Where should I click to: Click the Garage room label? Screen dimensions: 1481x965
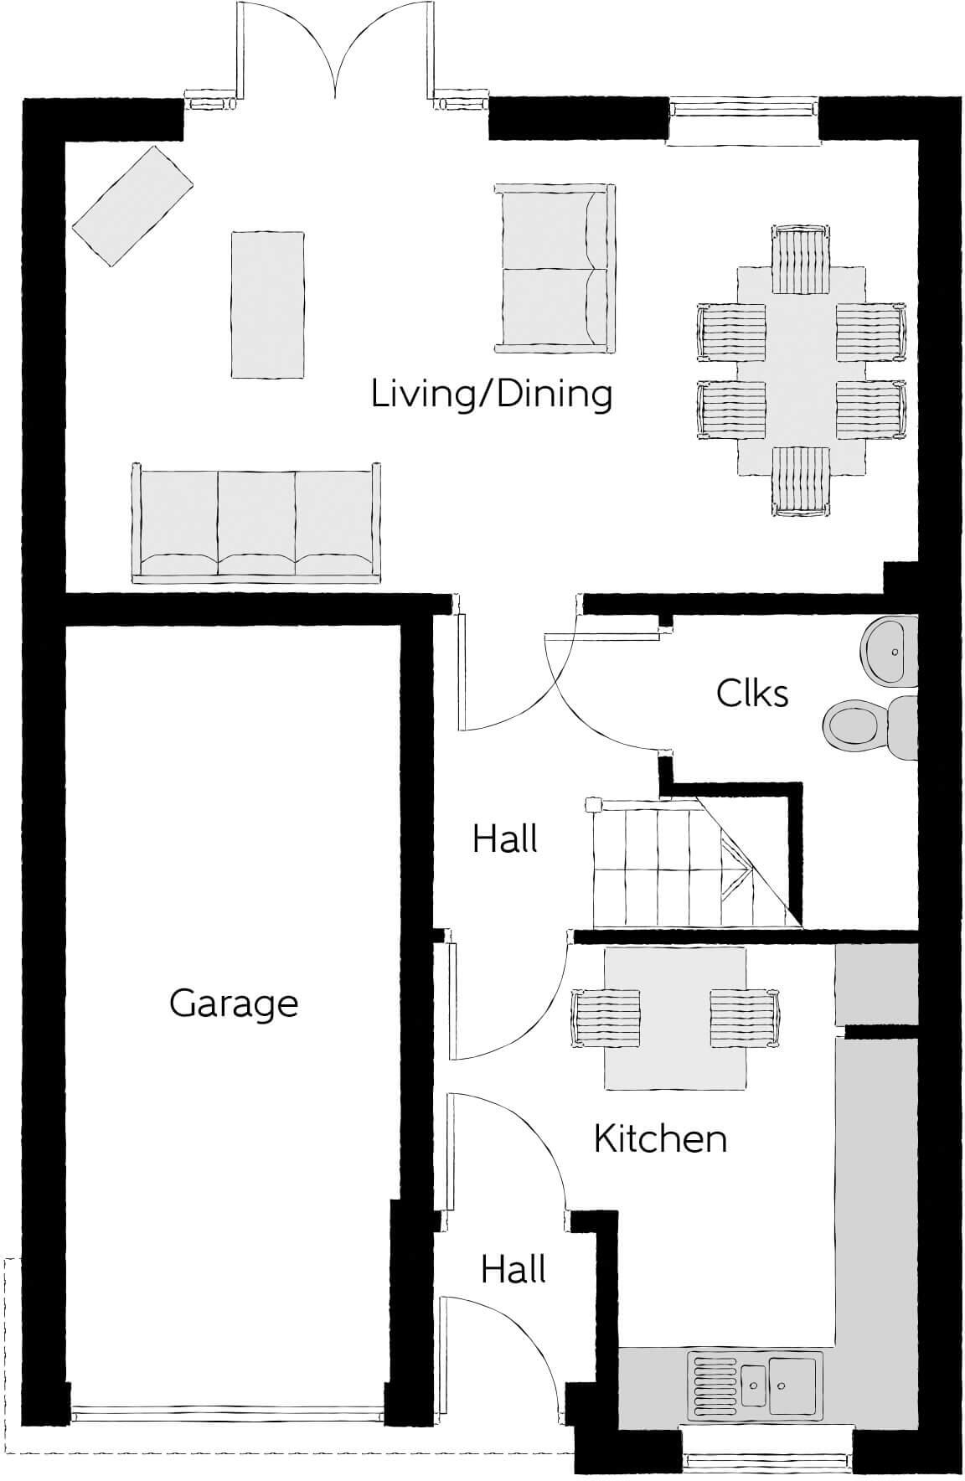[234, 1004]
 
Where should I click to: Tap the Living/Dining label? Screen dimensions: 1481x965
[492, 395]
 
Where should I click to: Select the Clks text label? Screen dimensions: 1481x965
[752, 694]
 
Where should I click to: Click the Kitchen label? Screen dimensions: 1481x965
[660, 1139]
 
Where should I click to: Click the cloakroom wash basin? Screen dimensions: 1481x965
[890, 650]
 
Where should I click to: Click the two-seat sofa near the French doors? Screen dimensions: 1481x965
[554, 267]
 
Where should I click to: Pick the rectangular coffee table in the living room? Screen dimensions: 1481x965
[267, 304]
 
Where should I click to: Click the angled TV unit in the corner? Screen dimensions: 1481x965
[132, 206]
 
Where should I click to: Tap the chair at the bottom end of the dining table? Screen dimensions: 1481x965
[801, 481]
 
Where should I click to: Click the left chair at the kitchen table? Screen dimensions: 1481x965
[605, 1017]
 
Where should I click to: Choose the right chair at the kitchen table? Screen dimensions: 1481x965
[745, 1017]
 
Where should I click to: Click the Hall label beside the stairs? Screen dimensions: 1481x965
[504, 839]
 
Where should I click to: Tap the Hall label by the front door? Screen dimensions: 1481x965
[513, 1271]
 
